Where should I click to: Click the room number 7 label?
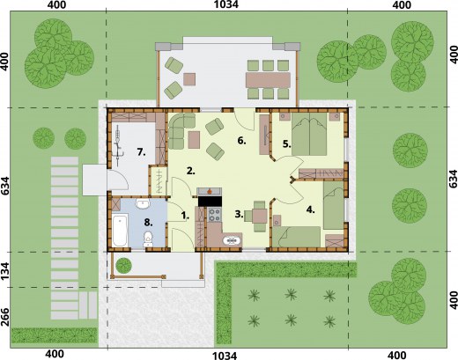coord(141,152)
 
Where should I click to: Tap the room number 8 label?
coord(148,223)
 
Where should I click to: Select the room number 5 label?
coord(287,144)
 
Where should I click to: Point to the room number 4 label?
coord(311,209)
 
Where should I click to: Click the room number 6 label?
coord(241,141)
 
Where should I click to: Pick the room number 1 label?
coord(185,216)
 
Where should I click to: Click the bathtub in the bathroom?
coord(120,230)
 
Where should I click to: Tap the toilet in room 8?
coord(148,239)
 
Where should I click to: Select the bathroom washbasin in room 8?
coord(143,203)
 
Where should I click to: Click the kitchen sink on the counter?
coord(232,240)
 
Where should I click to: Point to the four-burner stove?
coord(215,215)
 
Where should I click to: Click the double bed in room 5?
coord(309,134)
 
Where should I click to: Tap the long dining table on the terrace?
coord(268,80)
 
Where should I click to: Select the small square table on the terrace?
coord(189,79)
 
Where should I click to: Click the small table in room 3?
coord(260,217)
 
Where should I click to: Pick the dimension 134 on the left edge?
coord(6,270)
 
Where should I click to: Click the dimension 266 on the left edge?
coord(6,317)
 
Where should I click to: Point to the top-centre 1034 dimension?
coord(226,4)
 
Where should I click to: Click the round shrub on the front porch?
coord(123,265)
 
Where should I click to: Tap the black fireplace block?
coord(210,202)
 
